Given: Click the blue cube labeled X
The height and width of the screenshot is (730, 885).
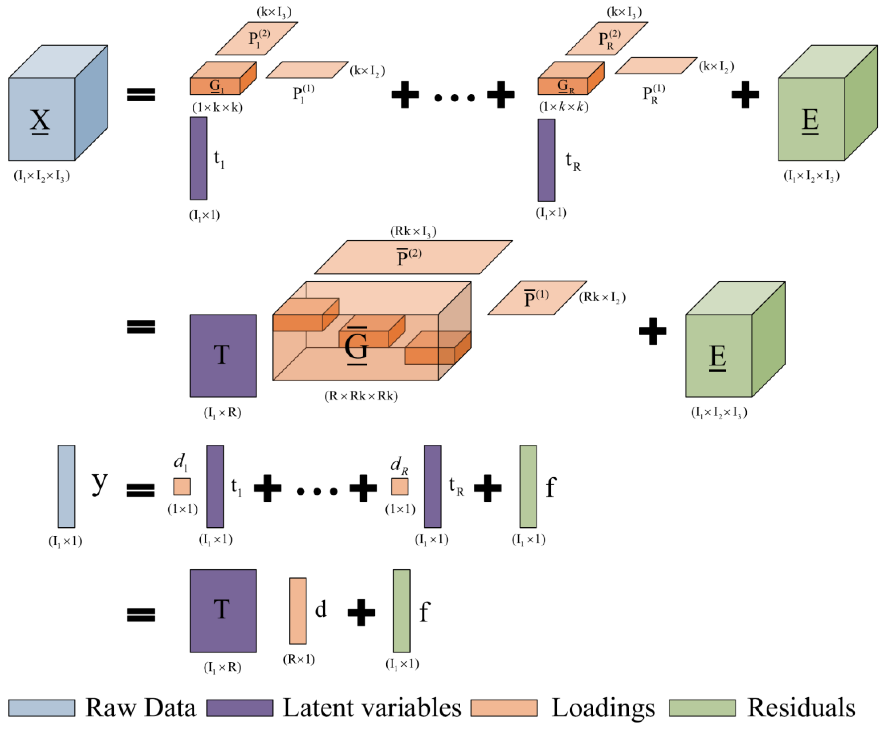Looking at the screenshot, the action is [58, 103].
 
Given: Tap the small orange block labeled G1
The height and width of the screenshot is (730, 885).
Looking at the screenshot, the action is [223, 78].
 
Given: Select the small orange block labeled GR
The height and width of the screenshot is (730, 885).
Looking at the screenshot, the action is [571, 78].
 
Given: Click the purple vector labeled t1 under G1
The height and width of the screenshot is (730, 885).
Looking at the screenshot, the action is [198, 158].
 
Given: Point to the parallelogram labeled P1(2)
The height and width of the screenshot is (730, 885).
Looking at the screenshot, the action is [257, 38].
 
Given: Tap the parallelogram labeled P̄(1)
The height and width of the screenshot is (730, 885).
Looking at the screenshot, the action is [537, 298].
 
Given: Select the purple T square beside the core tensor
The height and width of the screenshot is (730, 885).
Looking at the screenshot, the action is [223, 356].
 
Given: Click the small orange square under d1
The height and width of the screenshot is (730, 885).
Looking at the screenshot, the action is [182, 486].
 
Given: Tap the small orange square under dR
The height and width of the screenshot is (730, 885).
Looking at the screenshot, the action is [400, 486].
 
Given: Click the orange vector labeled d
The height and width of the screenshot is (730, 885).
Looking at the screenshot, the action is [298, 611].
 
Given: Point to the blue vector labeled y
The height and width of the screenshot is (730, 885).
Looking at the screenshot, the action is [67, 486].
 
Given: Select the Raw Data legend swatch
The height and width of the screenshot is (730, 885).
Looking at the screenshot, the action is [42, 708].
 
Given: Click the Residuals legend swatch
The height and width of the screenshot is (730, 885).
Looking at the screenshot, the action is [702, 708].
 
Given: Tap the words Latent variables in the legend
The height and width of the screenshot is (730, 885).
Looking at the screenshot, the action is [372, 708].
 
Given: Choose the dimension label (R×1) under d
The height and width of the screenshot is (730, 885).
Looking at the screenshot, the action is [299, 659].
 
